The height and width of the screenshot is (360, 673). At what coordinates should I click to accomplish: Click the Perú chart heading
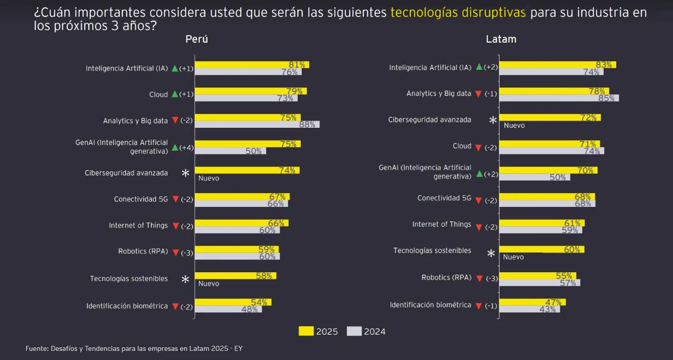[x=196, y=39]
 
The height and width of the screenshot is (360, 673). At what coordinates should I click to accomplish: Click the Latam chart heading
[x=501, y=39]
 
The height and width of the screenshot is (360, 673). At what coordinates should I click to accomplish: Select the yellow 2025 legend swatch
[x=306, y=331]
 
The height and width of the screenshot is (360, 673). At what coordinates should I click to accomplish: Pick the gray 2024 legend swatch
[x=354, y=331]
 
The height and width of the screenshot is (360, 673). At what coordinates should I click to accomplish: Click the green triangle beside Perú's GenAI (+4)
[x=175, y=148]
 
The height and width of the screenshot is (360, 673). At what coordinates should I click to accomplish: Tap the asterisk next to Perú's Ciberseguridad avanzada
[x=186, y=173]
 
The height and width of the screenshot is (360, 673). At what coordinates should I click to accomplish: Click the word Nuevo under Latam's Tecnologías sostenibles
[x=513, y=257]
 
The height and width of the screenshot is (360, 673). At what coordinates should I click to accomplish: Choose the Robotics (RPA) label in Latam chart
[x=446, y=277]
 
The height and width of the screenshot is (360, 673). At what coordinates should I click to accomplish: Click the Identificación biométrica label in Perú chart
[x=127, y=306]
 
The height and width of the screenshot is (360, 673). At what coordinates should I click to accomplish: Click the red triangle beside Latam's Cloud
[x=478, y=148]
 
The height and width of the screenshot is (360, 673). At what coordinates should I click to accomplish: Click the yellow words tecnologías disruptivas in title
[x=458, y=13]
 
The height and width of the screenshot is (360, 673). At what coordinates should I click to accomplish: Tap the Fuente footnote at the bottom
[x=137, y=348]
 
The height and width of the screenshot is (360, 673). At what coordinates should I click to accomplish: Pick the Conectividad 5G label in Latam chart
[x=444, y=198]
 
